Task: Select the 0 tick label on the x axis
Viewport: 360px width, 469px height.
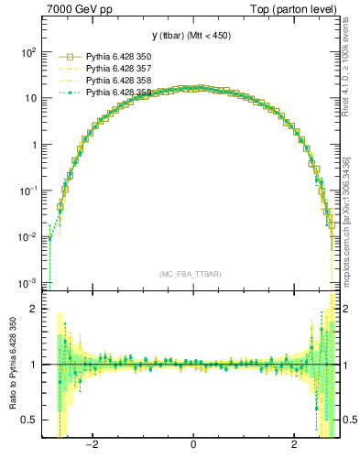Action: click(x=192, y=445)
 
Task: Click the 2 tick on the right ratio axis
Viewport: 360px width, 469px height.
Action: click(x=348, y=309)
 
